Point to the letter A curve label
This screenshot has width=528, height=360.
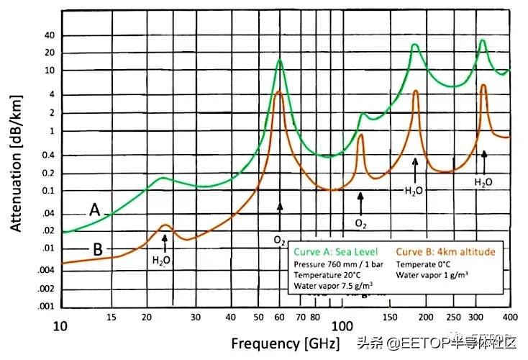pos(94,210)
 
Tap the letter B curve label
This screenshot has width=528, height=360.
pos(98,250)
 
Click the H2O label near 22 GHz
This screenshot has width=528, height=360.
pos(162,260)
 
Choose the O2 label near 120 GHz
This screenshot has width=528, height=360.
pos(360,224)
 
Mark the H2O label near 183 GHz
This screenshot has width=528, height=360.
pos(414,192)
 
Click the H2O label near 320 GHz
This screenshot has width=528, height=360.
pos(483,182)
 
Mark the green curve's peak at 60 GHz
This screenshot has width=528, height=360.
pos(279,60)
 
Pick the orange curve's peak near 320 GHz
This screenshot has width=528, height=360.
pos(483,85)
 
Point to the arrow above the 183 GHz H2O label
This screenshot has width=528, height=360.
pos(415,168)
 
